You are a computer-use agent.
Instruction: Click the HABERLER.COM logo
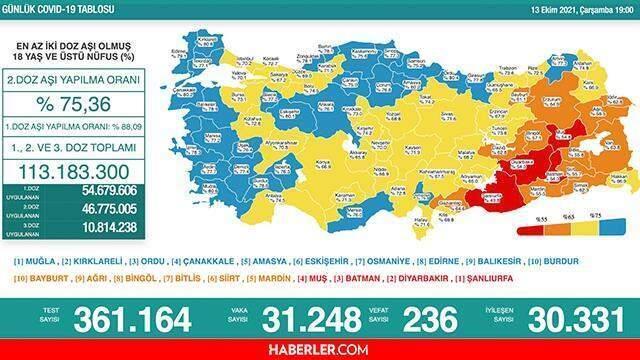(x=319, y=349)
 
